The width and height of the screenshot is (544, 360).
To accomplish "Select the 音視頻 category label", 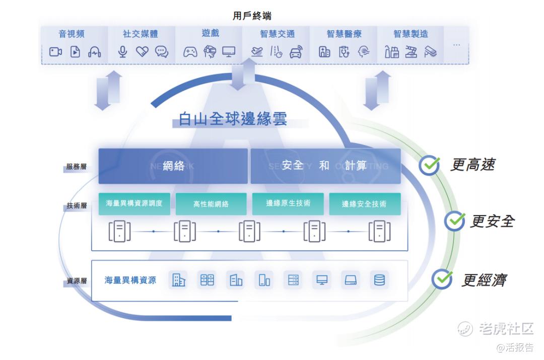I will pos(72,34).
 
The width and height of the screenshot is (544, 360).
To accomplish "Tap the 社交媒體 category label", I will pos(140,34).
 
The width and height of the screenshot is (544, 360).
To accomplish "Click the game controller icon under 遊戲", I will pos(190,51).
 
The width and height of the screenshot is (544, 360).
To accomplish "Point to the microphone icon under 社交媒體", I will pos(122,51).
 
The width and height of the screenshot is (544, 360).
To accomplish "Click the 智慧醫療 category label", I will pos(344,34).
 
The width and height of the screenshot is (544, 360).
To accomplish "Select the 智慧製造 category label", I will pos(411,34).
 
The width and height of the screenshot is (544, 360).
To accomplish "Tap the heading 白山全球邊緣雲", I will pos(233,119).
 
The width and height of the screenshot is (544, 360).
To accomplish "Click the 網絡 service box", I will pos(173,166).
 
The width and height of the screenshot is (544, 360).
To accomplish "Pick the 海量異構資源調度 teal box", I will pos(134,203).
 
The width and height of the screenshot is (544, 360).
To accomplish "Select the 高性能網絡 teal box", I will pos(211,204).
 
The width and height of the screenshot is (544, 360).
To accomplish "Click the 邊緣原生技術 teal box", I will pos(288,203).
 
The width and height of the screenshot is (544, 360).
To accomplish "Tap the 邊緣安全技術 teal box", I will pos(365,204).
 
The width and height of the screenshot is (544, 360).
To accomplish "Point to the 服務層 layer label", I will pos(77,167).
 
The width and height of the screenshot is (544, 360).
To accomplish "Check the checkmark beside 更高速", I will pos(429,165).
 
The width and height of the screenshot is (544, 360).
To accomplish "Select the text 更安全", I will pos(492,221).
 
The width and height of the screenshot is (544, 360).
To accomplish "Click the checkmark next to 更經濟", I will pos(442,279).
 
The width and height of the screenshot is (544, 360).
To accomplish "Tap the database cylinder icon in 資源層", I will pos(379,280).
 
